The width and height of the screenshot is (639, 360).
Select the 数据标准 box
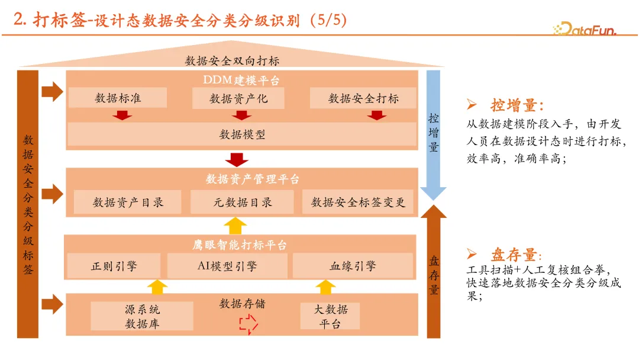click(118, 98)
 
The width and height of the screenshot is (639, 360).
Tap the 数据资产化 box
click(238, 98)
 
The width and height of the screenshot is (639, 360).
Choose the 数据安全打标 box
click(363, 98)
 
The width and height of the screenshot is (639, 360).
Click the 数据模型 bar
click(242, 134)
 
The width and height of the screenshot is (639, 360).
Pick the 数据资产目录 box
click(128, 202)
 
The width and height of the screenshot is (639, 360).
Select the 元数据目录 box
click(242, 202)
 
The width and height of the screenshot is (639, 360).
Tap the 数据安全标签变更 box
click(358, 202)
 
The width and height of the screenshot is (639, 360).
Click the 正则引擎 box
click(114, 266)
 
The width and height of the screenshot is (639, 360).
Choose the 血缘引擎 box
click(353, 266)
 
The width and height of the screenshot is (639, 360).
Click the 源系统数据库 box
click(142, 316)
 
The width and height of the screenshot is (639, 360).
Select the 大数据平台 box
click(330, 316)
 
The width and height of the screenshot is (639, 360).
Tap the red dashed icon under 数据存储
click(248, 323)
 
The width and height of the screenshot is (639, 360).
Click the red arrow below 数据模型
click(237, 159)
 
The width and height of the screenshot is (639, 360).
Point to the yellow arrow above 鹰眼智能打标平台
click(237, 226)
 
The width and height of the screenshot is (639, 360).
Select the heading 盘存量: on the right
click(515, 255)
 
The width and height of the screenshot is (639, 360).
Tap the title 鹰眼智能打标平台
click(240, 245)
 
